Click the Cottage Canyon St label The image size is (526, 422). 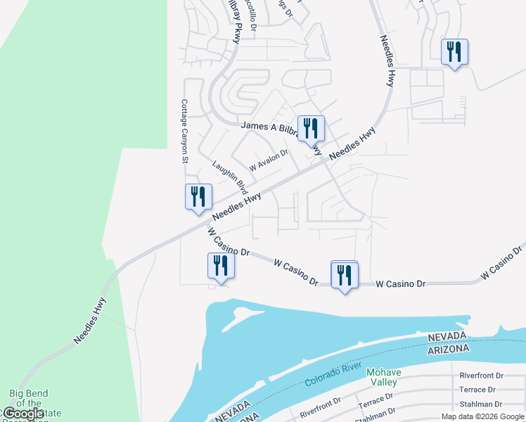click(x=185, y=131)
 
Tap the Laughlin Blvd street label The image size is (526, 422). click(x=230, y=177)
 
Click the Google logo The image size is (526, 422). click(x=23, y=414)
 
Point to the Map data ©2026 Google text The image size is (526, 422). click(x=483, y=416)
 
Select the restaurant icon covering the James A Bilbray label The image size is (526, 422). click(x=311, y=129)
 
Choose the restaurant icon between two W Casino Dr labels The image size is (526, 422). click(x=345, y=274)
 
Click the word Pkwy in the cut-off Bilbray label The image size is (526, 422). click(x=237, y=32)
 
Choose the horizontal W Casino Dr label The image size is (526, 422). click(x=401, y=284)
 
